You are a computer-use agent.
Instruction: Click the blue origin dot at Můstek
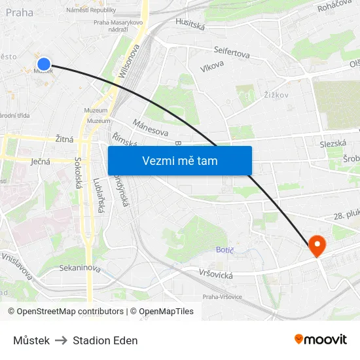coord(44,63)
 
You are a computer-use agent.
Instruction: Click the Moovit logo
coord(321,339)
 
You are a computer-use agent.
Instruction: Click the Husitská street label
coord(190,24)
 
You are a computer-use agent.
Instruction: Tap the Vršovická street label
coord(216,275)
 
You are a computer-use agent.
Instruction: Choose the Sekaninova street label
coord(80,268)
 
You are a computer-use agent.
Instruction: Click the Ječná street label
coord(41,160)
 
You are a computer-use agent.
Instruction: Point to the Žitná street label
coord(64,139)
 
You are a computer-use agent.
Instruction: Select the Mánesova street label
coord(150,128)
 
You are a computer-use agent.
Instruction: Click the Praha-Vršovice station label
coord(222,297)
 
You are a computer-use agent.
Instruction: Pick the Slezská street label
coord(333,143)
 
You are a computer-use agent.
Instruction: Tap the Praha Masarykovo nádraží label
coord(118,25)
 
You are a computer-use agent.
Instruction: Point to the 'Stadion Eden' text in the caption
coord(105,340)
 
